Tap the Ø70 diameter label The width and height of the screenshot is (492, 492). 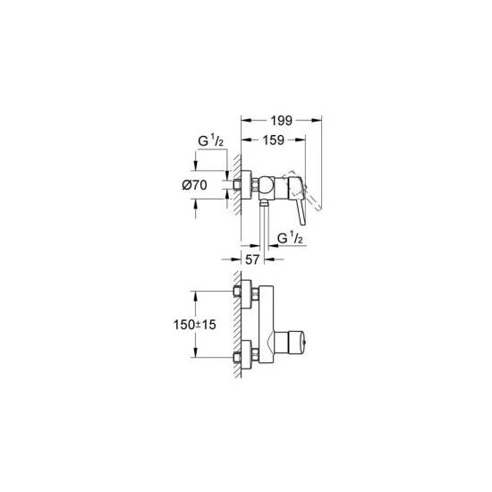[x=196, y=185]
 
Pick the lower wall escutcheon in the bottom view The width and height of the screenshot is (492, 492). [x=245, y=357]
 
